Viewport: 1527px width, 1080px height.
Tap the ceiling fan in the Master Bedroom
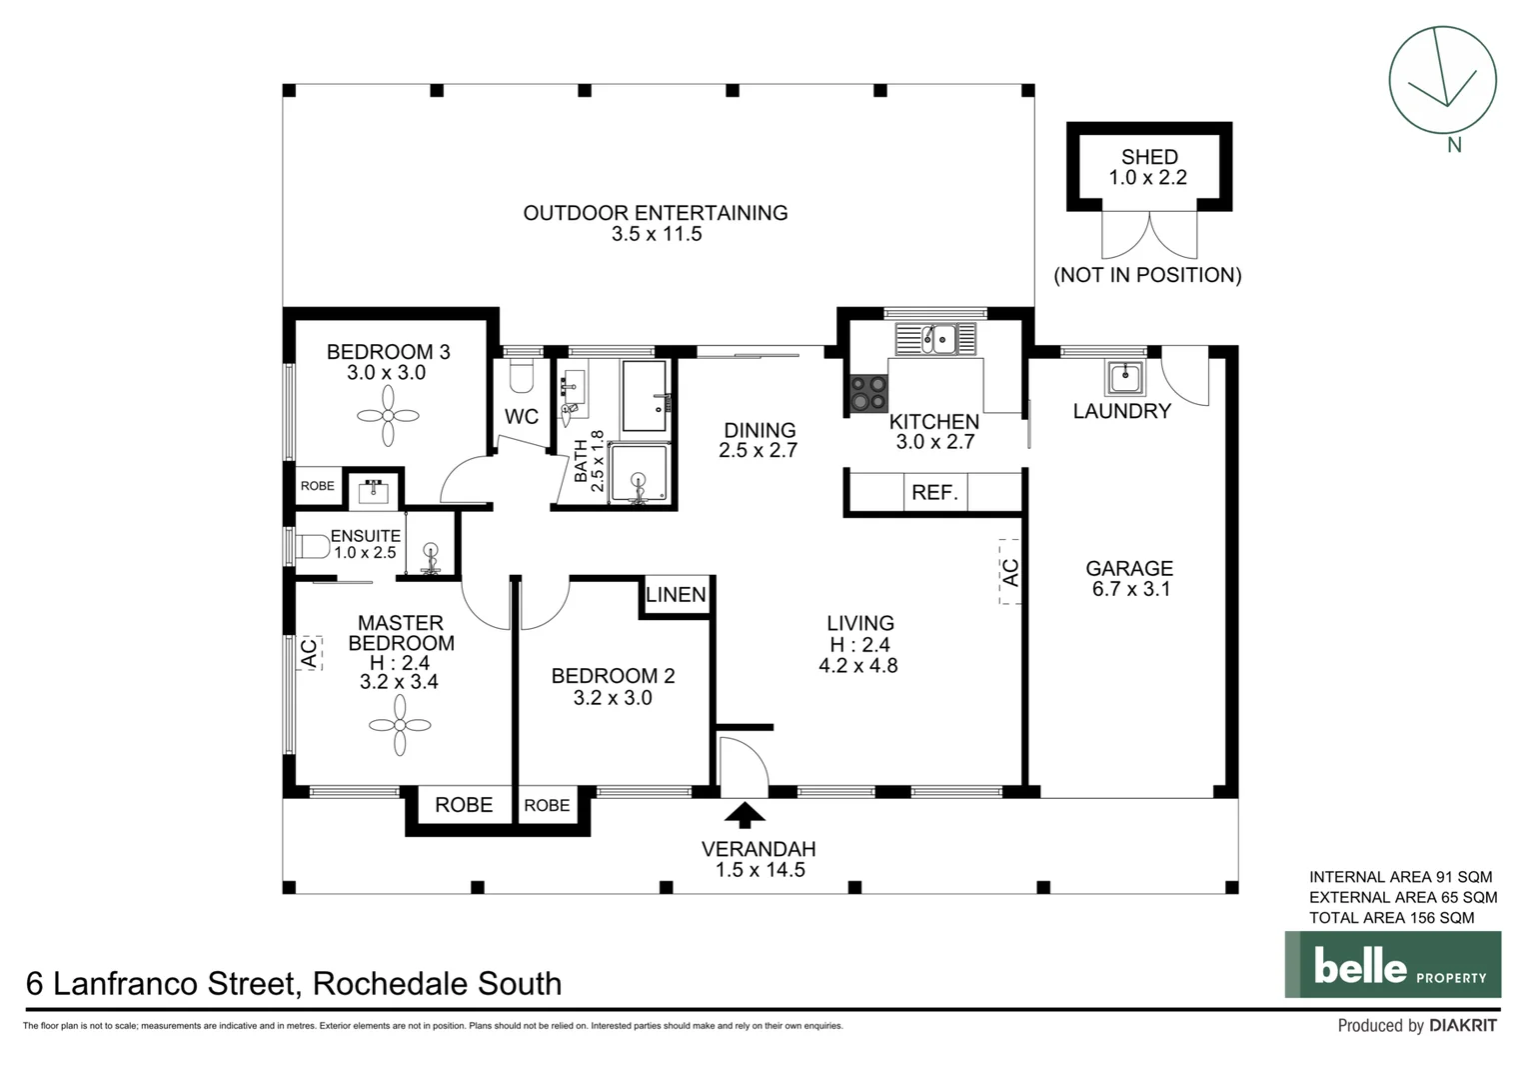click(400, 725)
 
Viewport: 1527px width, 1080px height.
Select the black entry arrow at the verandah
click(744, 815)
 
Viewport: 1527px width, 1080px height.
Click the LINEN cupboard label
click(676, 595)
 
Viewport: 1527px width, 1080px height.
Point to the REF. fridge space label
click(934, 493)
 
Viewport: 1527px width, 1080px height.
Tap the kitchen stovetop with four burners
click(868, 392)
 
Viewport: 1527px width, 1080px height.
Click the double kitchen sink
click(939, 339)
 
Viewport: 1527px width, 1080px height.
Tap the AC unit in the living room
click(1009, 572)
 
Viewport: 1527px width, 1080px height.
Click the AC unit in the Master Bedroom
click(309, 652)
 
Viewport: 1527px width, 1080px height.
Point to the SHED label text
click(1149, 157)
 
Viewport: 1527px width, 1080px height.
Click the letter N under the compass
click(1454, 145)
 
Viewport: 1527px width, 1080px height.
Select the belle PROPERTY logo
click(1392, 965)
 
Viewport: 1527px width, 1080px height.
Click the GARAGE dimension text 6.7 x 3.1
click(1130, 589)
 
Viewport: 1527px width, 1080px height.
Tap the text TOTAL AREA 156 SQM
click(1391, 918)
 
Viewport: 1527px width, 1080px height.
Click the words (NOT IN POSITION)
click(1147, 275)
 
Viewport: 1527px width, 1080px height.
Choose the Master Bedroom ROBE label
click(463, 805)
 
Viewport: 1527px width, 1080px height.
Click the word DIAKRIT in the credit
click(1463, 1026)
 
